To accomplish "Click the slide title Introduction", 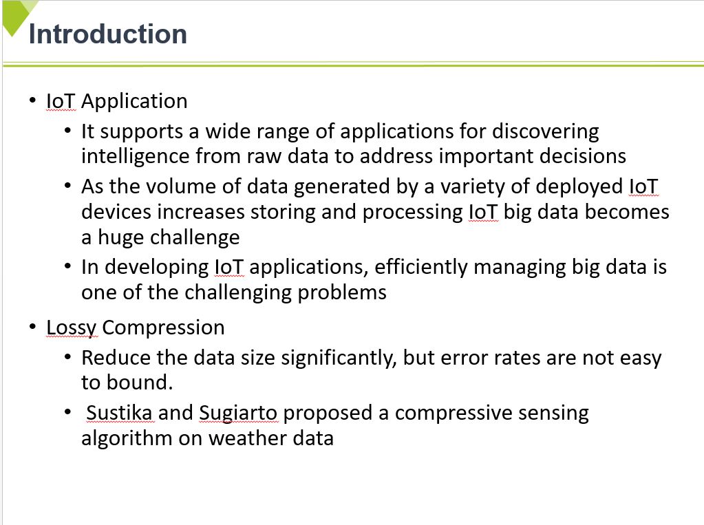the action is point(108,34).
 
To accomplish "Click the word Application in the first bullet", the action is point(134,102).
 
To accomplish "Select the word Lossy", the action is point(72,328).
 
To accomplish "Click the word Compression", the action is point(163,328).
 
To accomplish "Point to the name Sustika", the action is point(119,413).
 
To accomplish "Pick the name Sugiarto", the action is point(238,414).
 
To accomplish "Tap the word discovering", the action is point(546,132).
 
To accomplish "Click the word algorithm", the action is point(127,439).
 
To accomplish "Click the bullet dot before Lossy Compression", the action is point(32,327).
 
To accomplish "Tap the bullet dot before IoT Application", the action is point(32,100).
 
